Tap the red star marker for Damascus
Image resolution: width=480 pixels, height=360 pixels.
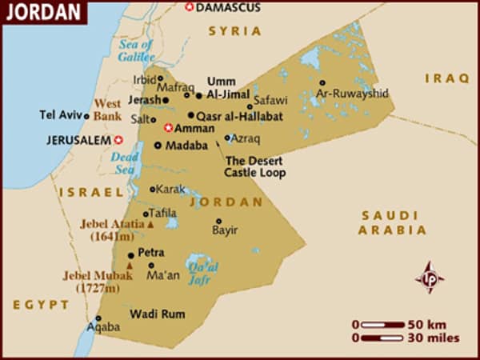pos(189,7)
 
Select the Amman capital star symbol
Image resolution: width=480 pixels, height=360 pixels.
pos(168,127)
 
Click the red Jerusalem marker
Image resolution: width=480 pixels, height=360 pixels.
pos(119,140)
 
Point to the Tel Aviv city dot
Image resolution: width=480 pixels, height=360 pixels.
pos(86,115)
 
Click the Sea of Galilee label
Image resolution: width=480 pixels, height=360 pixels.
pos(135,50)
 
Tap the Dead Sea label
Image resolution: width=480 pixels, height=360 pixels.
pos(126,162)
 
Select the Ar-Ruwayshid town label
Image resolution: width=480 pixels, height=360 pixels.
pos(352,94)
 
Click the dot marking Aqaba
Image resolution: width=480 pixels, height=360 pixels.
pos(98,318)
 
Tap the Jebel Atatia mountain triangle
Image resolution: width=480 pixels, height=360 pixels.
pos(150,226)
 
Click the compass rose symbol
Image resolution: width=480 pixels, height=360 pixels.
pos(430,276)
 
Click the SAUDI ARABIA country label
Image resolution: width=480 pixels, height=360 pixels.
pos(390,222)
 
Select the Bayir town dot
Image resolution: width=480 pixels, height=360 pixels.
pos(218,222)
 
